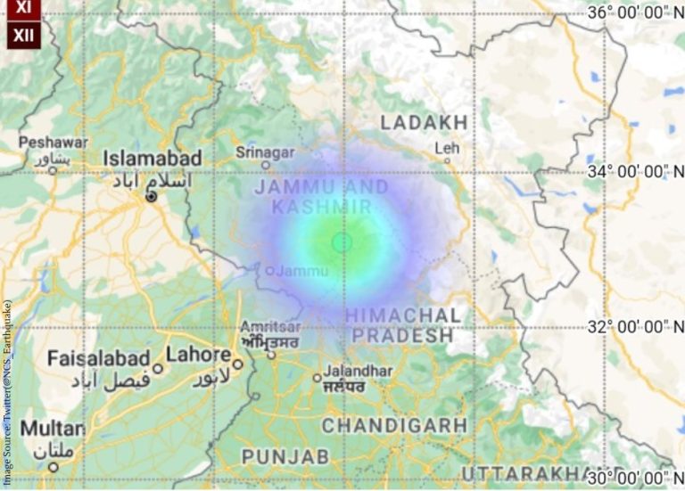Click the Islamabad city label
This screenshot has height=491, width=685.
(x=153, y=159)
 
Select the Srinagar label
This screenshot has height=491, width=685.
(x=265, y=152)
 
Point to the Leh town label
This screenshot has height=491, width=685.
(x=445, y=148)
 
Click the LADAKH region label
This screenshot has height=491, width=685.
(x=424, y=122)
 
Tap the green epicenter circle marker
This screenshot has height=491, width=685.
(x=342, y=241)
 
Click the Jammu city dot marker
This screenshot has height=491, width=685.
(x=270, y=270)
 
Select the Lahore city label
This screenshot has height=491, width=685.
(x=198, y=355)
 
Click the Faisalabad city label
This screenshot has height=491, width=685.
(x=98, y=359)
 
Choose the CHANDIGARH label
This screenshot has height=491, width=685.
(x=394, y=425)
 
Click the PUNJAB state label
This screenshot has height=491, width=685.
(x=272, y=456)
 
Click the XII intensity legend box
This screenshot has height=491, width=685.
(x=22, y=35)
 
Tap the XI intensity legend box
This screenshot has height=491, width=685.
(x=22, y=7)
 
